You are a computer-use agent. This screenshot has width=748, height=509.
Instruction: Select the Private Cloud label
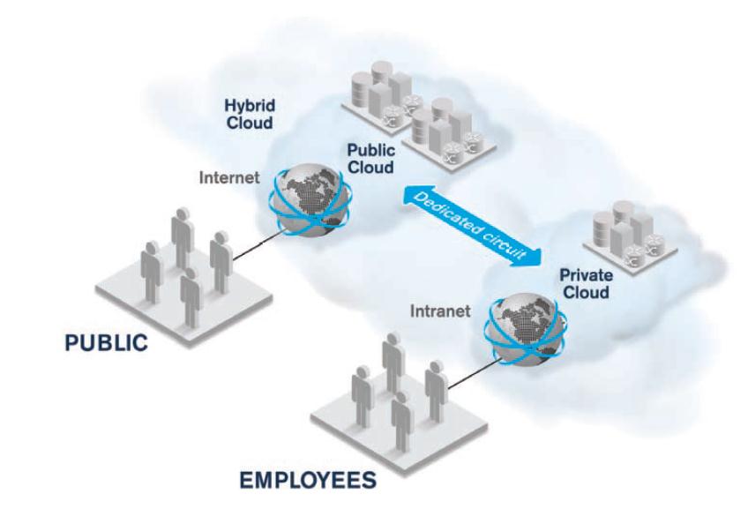point(586,283)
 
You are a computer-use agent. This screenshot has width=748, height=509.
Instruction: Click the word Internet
point(229,177)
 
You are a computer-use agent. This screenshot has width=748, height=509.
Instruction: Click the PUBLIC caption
point(106,343)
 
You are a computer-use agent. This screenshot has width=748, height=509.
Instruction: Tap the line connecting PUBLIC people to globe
point(256,247)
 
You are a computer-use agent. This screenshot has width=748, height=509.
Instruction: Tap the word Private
point(586,275)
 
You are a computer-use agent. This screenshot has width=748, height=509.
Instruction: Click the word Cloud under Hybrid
point(248,122)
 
